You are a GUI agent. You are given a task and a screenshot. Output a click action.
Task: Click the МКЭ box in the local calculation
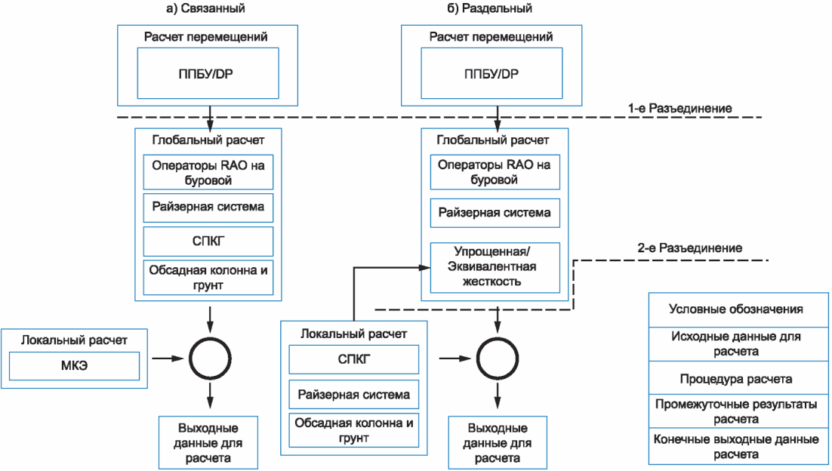tap(74, 365)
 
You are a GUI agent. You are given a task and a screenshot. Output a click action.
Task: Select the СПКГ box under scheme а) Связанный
tap(208, 242)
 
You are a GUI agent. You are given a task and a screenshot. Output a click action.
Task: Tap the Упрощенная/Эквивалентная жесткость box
tap(495, 267)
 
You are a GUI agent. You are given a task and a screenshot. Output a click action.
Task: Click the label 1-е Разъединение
tap(679, 108)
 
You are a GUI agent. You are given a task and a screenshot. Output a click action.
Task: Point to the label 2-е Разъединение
tap(690, 248)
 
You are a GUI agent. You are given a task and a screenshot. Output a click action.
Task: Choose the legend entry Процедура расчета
tap(736, 379)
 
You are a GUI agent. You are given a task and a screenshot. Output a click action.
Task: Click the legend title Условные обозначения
tap(736, 309)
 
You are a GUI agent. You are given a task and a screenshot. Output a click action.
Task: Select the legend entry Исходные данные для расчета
tap(736, 343)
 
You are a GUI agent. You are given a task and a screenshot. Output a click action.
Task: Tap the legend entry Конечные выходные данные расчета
tap(736, 447)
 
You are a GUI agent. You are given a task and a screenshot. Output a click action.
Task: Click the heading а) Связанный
tap(205, 8)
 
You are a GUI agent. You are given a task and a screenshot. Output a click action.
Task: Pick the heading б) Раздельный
tap(489, 8)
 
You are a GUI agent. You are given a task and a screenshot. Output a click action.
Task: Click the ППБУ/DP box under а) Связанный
tap(208, 73)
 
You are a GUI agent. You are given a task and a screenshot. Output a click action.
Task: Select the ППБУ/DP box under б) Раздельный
tap(492, 73)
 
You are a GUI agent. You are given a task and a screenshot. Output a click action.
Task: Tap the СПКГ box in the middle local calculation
tap(354, 359)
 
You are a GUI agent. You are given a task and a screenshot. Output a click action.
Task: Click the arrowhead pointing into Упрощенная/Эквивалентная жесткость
tap(425, 268)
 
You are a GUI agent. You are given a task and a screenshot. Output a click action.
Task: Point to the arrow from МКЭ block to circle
tap(168, 359)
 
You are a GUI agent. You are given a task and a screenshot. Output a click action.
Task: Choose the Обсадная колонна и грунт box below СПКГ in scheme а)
tap(208, 278)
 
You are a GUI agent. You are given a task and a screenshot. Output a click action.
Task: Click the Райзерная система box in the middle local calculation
tap(354, 394)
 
